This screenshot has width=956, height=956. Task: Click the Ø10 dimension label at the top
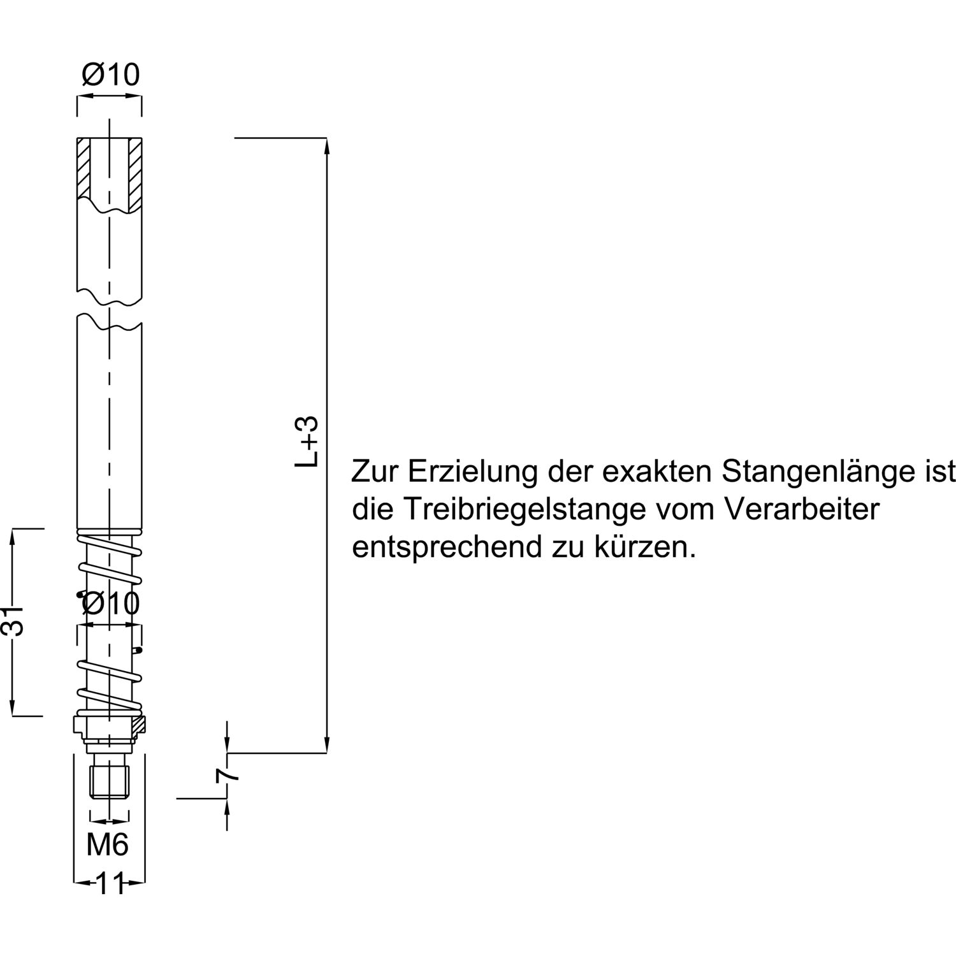110,75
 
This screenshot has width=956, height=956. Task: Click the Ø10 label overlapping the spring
110,603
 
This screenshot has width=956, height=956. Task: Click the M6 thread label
108,845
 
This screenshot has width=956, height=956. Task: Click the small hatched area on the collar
139,723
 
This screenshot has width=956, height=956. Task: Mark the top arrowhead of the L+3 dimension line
328,146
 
